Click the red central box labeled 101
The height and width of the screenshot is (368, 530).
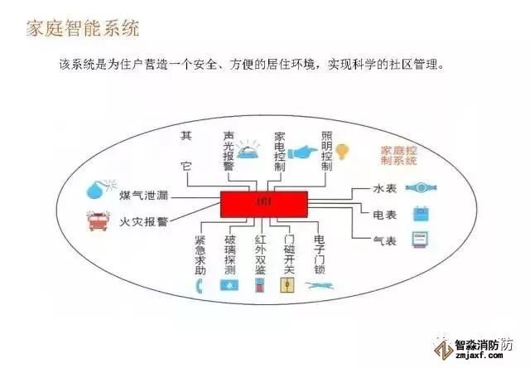coord(263,204)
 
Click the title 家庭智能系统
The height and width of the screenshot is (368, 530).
coord(83,27)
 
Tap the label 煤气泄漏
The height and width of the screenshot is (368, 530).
coord(143,195)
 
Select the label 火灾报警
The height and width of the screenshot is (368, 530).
coord(143,222)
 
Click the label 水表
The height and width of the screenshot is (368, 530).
coord(385,189)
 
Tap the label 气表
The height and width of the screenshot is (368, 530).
coord(385,241)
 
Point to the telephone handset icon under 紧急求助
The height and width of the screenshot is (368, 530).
coord(199,286)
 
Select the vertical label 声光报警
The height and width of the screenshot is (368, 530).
coord(229,151)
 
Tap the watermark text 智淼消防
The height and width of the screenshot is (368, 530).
coord(484,346)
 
